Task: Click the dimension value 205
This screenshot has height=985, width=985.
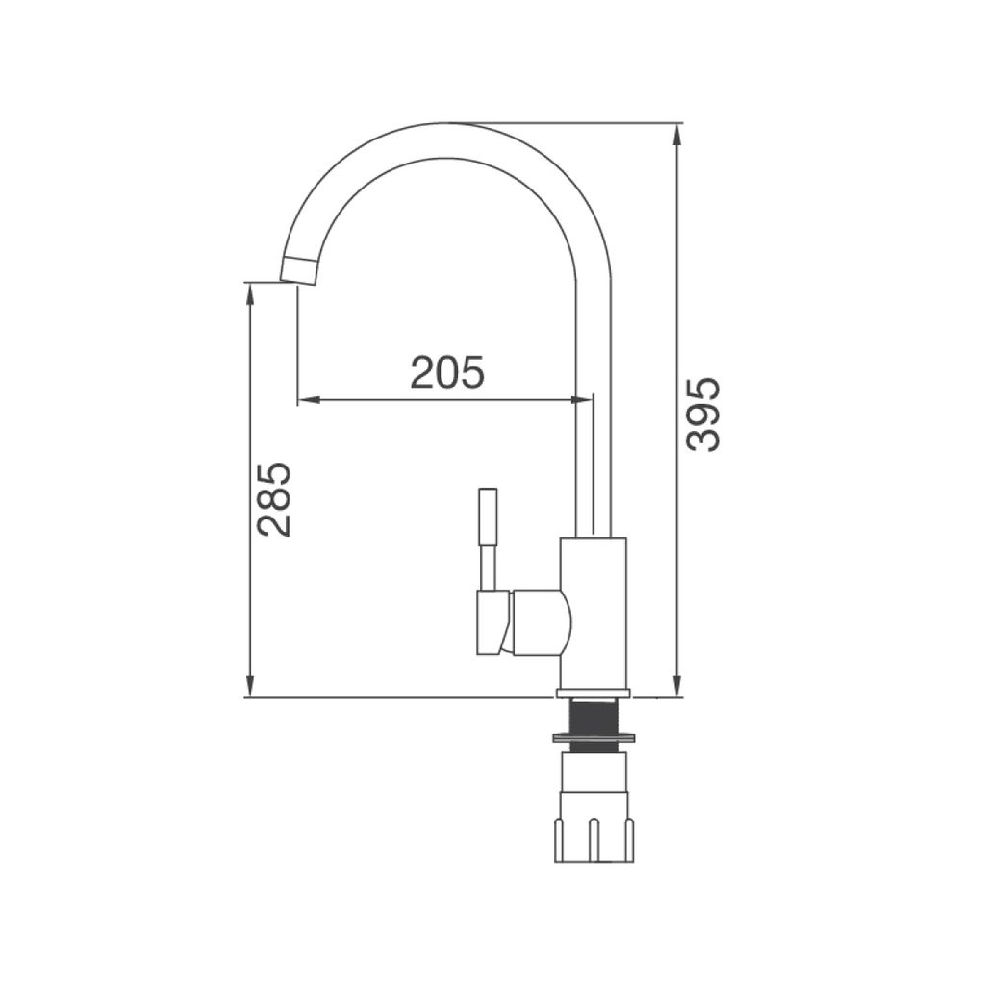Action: [x=447, y=372]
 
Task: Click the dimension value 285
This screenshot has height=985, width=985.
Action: [x=274, y=499]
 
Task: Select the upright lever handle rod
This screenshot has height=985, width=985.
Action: [x=489, y=539]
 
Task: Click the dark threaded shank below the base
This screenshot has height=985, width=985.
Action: [x=594, y=717]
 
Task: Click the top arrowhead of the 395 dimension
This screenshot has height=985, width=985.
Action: [x=677, y=133]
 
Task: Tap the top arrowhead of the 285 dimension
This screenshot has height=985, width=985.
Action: [x=250, y=291]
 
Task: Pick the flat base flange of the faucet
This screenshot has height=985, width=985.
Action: [x=594, y=693]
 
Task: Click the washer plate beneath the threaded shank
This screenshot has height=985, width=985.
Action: [x=594, y=740]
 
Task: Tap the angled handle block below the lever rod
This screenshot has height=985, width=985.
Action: [x=492, y=622]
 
